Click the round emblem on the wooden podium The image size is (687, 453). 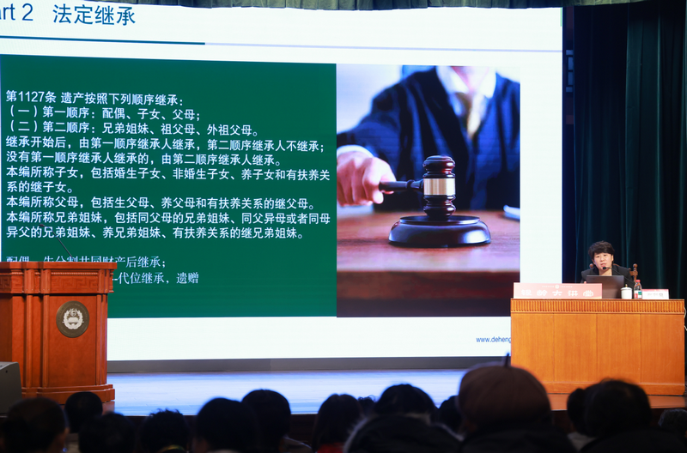click(x=72, y=319)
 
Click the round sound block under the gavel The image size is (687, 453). click(x=439, y=230)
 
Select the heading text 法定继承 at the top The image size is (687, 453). click(x=94, y=15)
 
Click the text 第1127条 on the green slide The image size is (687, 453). click(x=31, y=98)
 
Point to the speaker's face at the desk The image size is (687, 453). click(x=601, y=258)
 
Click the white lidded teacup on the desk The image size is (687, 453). click(x=626, y=292)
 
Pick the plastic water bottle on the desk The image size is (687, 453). click(x=637, y=288)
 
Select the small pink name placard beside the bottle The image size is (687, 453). click(x=655, y=293)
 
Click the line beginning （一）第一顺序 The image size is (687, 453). click(x=104, y=114)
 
